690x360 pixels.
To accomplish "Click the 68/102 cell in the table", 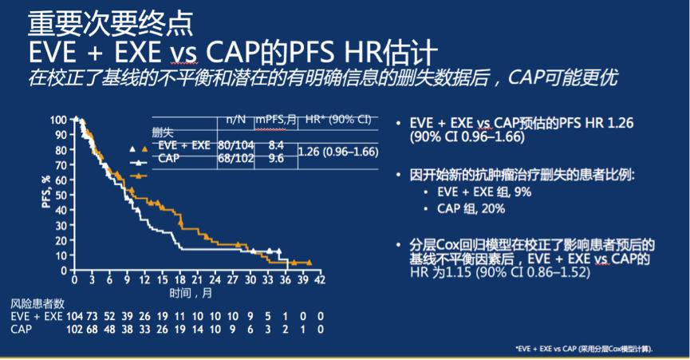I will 235,158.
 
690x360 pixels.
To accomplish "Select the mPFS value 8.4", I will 276,145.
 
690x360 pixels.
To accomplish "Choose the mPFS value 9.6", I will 276,158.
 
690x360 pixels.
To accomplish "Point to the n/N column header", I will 235,120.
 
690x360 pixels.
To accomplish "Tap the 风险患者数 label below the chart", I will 37,304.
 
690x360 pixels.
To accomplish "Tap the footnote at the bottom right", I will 584,350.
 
